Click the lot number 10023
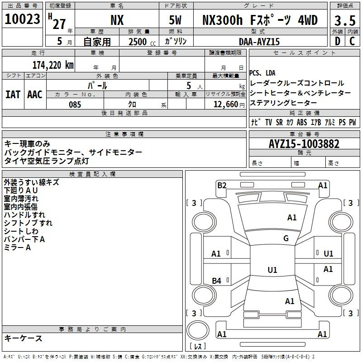pyautogui.click(x=23, y=19)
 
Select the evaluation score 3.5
pyautogui.click(x=344, y=20)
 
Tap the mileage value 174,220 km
pyautogui.click(x=53, y=65)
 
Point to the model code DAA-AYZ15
pyautogui.click(x=259, y=41)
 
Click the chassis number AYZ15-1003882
pyautogui.click(x=304, y=144)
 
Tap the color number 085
pyautogui.click(x=75, y=105)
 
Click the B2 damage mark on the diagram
pyautogui.click(x=222, y=185)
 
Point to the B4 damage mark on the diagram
pyautogui.click(x=217, y=281)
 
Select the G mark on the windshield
pyautogui.click(x=286, y=238)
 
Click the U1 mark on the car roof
pyautogui.click(x=272, y=270)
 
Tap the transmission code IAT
pyautogui.click(x=13, y=94)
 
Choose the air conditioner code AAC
pyautogui.click(x=35, y=94)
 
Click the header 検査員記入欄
pyautogui.click(x=92, y=174)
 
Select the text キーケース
pyautogui.click(x=23, y=338)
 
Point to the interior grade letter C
pyautogui.click(x=352, y=41)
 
